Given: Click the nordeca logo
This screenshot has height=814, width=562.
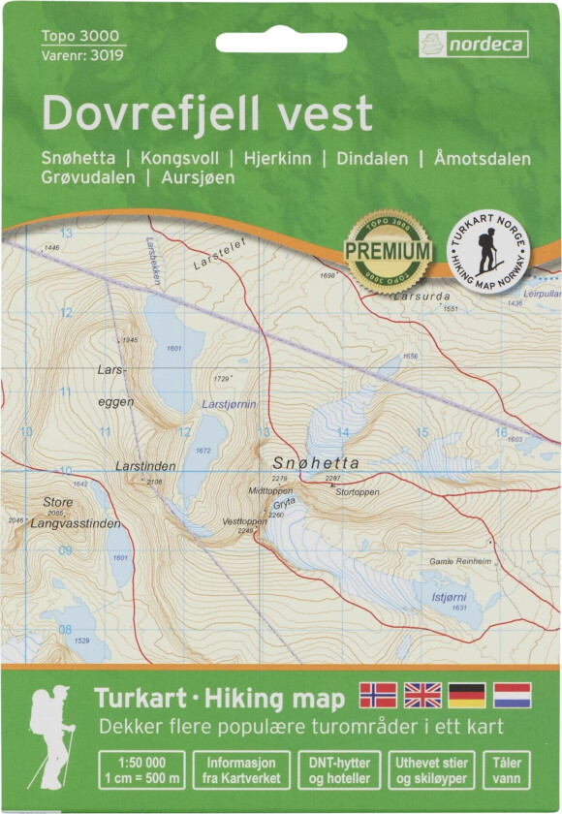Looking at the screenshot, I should pos(473,44).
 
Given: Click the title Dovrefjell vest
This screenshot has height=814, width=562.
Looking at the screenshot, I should pos(206,113).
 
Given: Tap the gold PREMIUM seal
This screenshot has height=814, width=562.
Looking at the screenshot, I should pos(389,251).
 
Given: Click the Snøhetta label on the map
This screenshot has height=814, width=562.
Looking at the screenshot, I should pos(316,463).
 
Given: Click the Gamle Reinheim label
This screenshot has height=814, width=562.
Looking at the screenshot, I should pos(461,561).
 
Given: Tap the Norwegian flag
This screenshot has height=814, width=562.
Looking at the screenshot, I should pos(378,695).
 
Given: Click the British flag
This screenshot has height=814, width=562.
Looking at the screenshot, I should pos(422,695).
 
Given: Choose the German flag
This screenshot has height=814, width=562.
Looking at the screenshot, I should pos(467,695).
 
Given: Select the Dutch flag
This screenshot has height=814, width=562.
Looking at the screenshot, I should pos(512,695).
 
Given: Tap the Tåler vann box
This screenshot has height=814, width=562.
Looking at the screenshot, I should pos(507,770).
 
